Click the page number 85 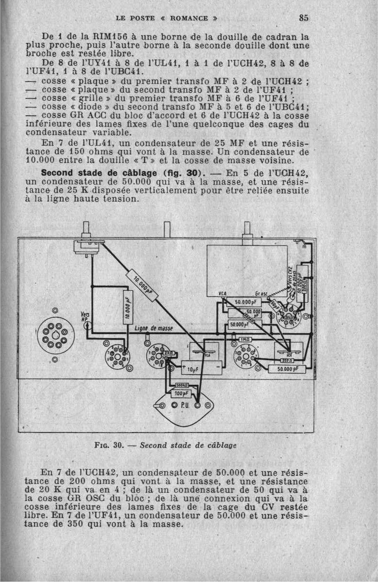[x=303, y=18]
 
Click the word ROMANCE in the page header [x=189, y=18]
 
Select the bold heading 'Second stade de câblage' [x=101, y=173]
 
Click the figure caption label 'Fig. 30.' [x=109, y=446]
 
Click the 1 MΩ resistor [x=245, y=339]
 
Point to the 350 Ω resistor [x=288, y=360]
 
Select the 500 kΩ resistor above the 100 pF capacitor [x=182, y=386]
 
